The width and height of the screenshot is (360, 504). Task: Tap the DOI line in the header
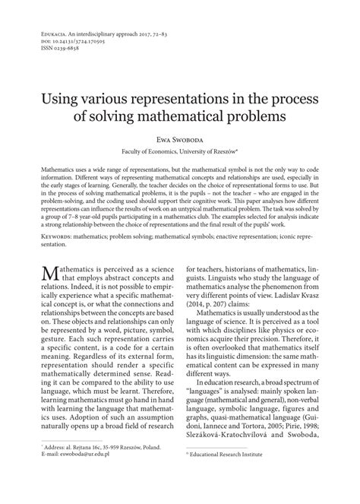pyautogui.click(x=57, y=40)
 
